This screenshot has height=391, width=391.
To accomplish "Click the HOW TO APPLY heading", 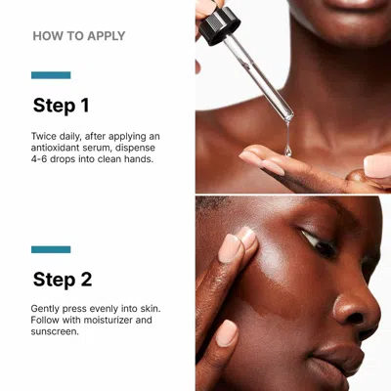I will click(x=79, y=36).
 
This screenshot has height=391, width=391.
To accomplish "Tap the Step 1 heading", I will click(x=61, y=105).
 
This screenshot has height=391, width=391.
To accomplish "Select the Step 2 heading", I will click(x=63, y=280).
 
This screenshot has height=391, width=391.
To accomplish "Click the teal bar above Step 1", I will click(x=51, y=75).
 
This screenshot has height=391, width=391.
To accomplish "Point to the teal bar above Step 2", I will click(x=51, y=249).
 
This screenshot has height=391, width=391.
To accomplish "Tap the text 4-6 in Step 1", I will click(x=43, y=158).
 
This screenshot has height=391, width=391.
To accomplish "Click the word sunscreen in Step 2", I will click(x=57, y=331).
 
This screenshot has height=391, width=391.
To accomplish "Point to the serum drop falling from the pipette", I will click(x=287, y=149).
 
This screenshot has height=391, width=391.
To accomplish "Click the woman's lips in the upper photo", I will click(x=347, y=5).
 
